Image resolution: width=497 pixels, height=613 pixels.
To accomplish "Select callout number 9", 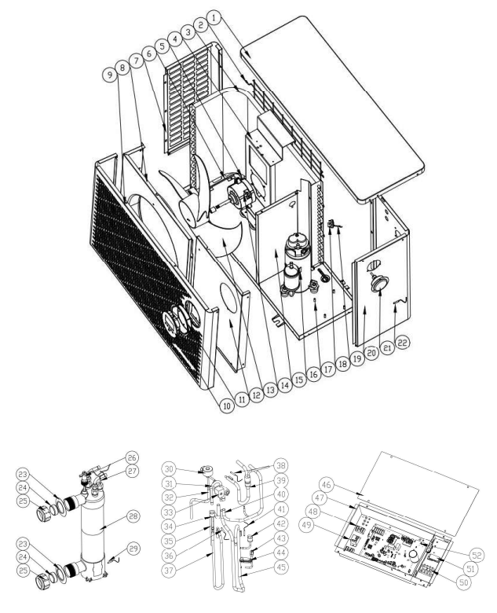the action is click(110, 75).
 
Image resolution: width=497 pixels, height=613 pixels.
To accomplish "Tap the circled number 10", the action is click(227, 406).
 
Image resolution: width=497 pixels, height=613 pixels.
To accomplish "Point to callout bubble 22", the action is click(403, 343).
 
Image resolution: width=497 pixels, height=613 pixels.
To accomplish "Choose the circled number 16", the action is click(314, 375).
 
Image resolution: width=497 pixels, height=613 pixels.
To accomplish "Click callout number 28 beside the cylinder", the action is click(133, 516).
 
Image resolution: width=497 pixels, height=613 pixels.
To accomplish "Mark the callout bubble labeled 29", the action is click(133, 549).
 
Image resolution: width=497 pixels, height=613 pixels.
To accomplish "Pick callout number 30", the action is click(169, 468).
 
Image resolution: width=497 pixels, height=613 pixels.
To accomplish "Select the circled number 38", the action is click(280, 465).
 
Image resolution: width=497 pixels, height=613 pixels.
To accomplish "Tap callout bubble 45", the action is click(280, 567).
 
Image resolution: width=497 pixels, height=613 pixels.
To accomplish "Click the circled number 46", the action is click(327, 486).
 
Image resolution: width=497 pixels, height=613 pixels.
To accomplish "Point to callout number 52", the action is click(477, 555).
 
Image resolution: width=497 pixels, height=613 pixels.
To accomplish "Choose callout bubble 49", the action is click(307, 525).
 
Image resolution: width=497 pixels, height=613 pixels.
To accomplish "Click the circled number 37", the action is click(168, 571).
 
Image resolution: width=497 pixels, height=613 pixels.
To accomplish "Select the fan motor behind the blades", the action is click(239, 193).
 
